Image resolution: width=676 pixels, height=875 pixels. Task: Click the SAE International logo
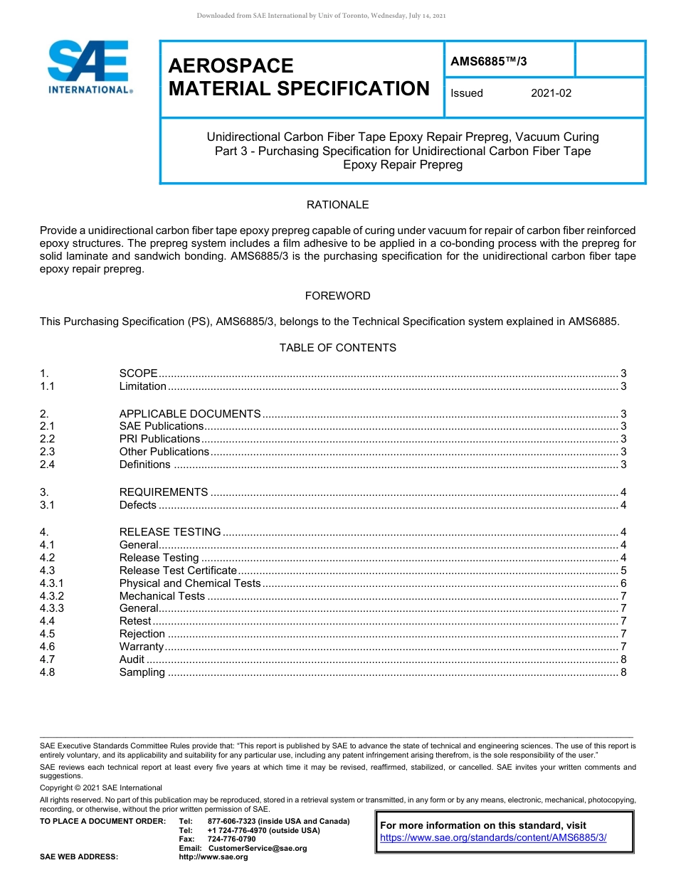88,67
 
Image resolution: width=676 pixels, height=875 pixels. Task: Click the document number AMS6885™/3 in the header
489,61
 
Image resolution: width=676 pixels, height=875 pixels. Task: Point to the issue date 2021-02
551,93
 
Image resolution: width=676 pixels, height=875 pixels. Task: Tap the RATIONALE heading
337,205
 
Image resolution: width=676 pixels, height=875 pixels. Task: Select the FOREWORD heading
337,296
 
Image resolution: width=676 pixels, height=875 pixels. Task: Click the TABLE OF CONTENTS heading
337,348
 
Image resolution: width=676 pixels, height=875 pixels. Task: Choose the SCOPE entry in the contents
138,373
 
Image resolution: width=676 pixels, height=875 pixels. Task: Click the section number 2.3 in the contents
48,452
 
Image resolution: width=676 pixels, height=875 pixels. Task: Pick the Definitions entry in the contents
144,465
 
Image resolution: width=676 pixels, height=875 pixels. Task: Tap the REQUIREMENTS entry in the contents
164,492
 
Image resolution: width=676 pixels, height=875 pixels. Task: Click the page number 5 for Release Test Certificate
623,571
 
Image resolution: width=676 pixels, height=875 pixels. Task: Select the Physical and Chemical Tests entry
190,583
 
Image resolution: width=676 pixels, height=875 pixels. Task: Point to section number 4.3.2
52,596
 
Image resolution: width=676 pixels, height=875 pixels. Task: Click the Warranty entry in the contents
141,647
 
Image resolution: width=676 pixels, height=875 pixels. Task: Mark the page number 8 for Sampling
623,672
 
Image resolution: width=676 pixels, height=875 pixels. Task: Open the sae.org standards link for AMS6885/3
493,838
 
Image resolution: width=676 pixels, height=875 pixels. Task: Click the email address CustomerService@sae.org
257,848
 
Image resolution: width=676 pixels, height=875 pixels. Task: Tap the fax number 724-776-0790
231,839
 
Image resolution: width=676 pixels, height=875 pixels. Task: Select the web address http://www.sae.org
213,857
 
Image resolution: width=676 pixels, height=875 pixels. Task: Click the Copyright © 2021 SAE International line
101,787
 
